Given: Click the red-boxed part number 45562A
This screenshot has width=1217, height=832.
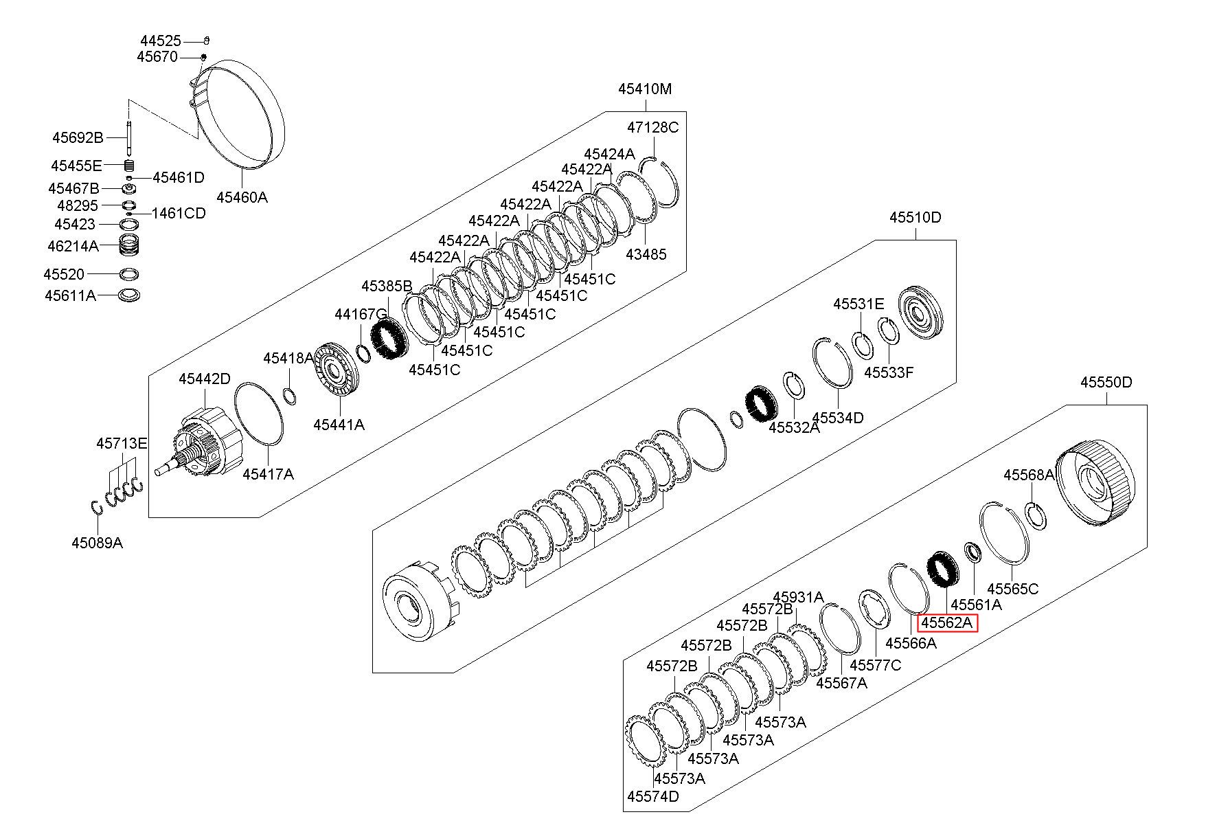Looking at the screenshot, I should pyautogui.click(x=947, y=623).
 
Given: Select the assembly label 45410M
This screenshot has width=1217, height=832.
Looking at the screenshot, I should pyautogui.click(x=644, y=89).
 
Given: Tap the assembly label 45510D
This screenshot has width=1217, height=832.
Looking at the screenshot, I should pyautogui.click(x=915, y=218).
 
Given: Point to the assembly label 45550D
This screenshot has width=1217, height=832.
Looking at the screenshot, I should pyautogui.click(x=1106, y=383).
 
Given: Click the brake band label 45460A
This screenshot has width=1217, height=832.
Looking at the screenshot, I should pyautogui.click(x=242, y=197).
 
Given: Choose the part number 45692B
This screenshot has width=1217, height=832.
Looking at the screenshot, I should pyautogui.click(x=78, y=138).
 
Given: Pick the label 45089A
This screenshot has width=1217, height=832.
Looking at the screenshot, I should pyautogui.click(x=97, y=543).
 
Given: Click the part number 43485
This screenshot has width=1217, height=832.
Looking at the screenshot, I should pyautogui.click(x=646, y=254).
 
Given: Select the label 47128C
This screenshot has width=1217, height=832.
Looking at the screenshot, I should pyautogui.click(x=652, y=127).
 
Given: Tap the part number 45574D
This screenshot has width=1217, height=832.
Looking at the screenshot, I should pyautogui.click(x=652, y=796).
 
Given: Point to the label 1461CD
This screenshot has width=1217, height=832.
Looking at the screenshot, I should pyautogui.click(x=179, y=213).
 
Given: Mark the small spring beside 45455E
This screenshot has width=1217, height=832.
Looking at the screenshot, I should pyautogui.click(x=129, y=166).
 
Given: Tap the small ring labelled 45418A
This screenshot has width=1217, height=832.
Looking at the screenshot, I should pyautogui.click(x=290, y=396).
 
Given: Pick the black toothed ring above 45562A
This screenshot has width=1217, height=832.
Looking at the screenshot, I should pyautogui.click(x=937, y=570).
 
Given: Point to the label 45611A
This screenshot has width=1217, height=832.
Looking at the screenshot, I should pyautogui.click(x=70, y=295).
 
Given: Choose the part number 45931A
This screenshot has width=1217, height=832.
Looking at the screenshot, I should pyautogui.click(x=798, y=597).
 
